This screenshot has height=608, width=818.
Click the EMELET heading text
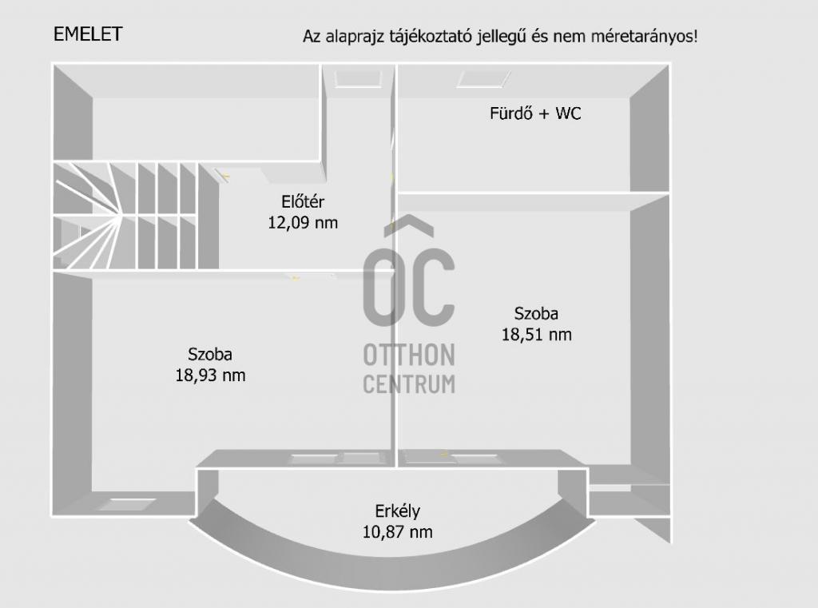(x=88, y=34)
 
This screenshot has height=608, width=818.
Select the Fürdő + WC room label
(x=535, y=113)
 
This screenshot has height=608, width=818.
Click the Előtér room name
(x=303, y=201)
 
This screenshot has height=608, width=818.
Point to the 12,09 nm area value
(x=303, y=223)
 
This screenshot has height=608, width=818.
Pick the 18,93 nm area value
(x=210, y=376)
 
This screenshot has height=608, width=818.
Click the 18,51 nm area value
(x=536, y=335)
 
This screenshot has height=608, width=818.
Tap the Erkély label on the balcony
(x=397, y=511)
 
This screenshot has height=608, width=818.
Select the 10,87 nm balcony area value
(x=397, y=532)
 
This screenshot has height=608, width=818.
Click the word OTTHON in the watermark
(x=409, y=356)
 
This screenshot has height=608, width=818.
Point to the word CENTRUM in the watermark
(x=409, y=384)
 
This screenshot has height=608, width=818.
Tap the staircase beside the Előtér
(x=136, y=216)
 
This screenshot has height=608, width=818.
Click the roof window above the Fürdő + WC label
(x=483, y=79)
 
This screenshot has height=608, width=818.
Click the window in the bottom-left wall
(x=127, y=504)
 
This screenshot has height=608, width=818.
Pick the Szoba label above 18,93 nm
(x=210, y=355)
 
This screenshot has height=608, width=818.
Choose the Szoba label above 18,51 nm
(x=536, y=313)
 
